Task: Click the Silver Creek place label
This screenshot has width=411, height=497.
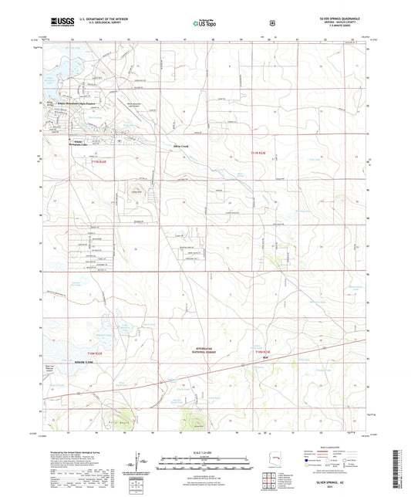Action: click(180, 144)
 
